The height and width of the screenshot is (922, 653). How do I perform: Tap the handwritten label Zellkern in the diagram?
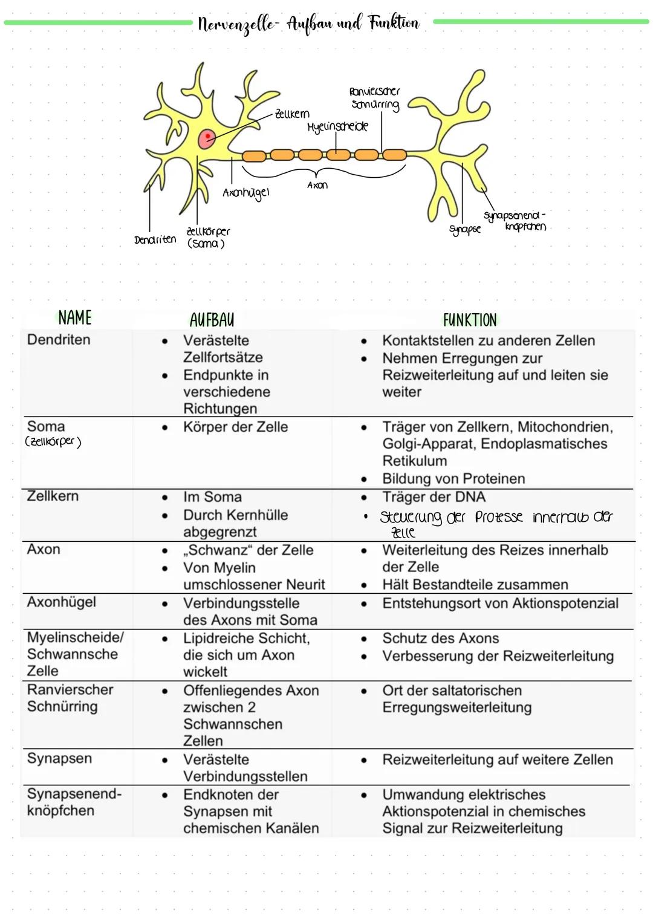[292, 114]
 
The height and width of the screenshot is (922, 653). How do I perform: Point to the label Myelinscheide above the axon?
[337, 127]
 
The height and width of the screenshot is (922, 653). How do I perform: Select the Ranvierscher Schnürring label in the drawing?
[375, 98]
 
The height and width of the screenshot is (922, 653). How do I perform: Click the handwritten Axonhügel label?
[245, 193]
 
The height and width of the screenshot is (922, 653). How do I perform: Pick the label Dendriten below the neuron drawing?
[155, 239]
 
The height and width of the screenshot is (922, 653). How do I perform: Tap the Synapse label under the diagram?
[465, 229]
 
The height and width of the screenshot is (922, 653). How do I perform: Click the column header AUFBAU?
[212, 320]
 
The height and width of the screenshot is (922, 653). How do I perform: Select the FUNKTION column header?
[470, 320]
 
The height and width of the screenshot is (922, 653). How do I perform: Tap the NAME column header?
[75, 317]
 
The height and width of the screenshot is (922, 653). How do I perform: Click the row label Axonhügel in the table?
[61, 602]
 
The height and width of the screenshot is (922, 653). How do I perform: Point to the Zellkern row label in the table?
[53, 496]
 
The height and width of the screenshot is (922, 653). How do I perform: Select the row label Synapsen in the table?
[59, 758]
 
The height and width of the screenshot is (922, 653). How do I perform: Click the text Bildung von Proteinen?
[453, 479]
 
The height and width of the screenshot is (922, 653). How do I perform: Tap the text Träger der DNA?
[434, 497]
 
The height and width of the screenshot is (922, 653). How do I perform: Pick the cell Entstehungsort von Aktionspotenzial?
[500, 603]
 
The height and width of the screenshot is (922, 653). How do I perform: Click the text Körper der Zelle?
[235, 427]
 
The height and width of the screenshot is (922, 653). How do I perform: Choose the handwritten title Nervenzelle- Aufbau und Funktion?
[308, 24]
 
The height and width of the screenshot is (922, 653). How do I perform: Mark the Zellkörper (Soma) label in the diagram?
[207, 237]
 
